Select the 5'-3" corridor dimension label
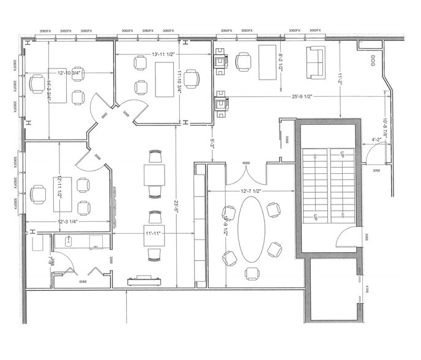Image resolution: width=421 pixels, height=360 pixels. pyautogui.click(x=212, y=144)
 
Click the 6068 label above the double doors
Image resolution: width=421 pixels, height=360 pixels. pyautogui.click(x=246, y=163)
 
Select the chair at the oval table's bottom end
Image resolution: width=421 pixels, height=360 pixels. pyautogui.click(x=251, y=272)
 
